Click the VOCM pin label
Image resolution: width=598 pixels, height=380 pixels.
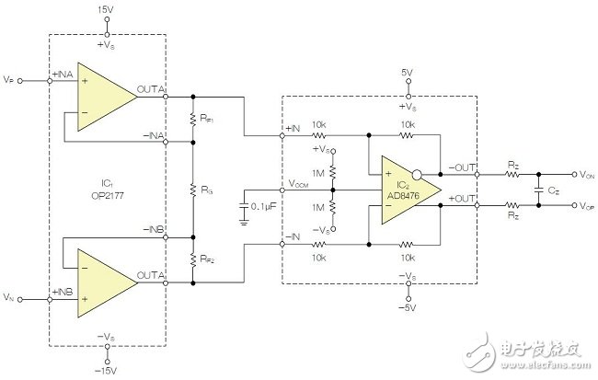(x=298, y=183)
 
